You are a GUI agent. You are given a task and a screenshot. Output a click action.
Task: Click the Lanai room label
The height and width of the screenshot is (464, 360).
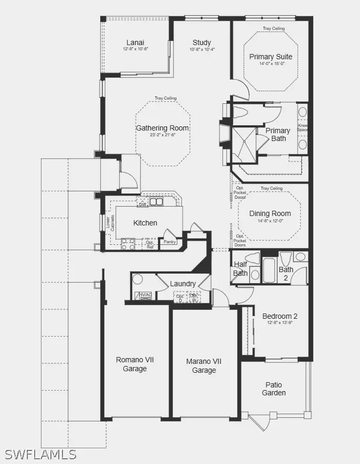(x=135, y=42)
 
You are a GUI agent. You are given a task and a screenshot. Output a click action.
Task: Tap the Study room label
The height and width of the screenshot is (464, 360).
(x=202, y=42)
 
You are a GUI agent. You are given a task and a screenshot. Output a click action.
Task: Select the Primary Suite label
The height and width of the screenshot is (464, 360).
(x=271, y=57)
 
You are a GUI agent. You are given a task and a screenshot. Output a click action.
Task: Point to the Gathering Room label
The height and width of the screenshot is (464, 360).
(x=163, y=128)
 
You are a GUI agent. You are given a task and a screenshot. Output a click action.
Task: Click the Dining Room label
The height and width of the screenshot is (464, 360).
(x=270, y=213)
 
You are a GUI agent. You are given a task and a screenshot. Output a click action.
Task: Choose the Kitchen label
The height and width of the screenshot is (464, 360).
(x=145, y=223)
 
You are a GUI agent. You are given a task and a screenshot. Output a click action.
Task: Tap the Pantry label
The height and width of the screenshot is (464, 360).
(x=169, y=242)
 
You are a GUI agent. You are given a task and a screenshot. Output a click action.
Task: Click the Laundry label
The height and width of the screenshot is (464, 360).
(x=183, y=284)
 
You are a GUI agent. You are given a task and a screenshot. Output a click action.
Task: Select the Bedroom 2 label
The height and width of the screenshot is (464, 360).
(x=280, y=316)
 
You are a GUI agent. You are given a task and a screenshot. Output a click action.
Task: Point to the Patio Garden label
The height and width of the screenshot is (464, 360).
(x=274, y=389)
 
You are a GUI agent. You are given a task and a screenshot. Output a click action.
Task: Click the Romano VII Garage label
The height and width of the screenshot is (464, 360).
(x=135, y=364)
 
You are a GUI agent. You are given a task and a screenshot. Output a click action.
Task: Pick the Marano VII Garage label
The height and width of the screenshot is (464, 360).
(x=204, y=366)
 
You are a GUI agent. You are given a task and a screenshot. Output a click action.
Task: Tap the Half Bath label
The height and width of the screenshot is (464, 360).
(x=240, y=268)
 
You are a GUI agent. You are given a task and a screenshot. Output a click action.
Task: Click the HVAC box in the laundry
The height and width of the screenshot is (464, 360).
(x=145, y=296)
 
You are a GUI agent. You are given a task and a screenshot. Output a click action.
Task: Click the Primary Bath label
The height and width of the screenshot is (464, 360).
(x=278, y=135)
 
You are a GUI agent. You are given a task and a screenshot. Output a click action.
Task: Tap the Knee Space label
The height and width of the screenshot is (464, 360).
(x=303, y=127)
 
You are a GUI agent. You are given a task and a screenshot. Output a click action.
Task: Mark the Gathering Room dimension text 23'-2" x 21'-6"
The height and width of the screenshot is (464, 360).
(x=162, y=135)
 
